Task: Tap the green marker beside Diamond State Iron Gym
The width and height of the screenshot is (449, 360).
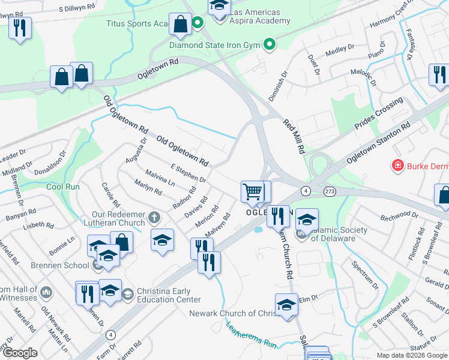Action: pos(270,44)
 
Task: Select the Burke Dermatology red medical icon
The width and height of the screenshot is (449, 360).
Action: pos(397,165)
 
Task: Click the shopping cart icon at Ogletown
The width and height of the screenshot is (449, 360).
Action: pos(253,192)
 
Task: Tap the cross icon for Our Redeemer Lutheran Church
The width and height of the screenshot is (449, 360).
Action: pos(154,217)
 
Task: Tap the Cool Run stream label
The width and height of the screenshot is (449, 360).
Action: pos(64,187)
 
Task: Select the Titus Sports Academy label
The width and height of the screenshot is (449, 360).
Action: pos(138,23)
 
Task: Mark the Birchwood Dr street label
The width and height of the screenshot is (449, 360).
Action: pos(399,214)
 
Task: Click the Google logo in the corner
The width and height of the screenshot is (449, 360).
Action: pos(20,353)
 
